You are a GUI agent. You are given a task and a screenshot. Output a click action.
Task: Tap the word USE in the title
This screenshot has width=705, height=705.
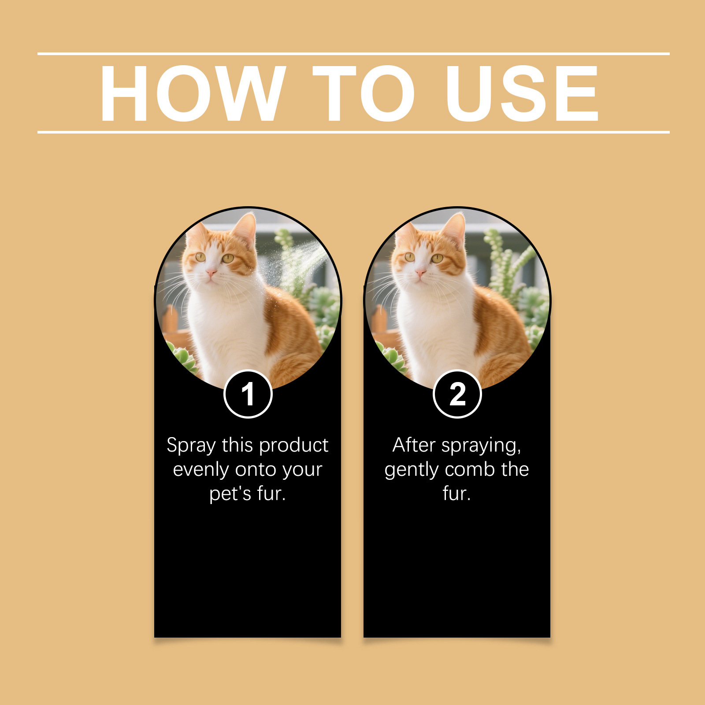pyautogui.click(x=522, y=93)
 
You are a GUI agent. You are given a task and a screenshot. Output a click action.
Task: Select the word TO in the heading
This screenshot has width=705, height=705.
pyautogui.click(x=364, y=93)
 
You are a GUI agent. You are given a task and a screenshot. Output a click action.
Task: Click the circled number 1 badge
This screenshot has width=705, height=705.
pyautogui.click(x=248, y=394)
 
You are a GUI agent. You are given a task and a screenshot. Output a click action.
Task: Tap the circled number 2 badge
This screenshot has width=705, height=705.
pyautogui.click(x=457, y=394)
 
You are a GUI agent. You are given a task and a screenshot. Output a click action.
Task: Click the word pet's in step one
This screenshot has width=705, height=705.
pyautogui.click(x=230, y=494)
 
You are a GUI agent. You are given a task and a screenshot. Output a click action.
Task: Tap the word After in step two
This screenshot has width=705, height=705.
pyautogui.click(x=414, y=445)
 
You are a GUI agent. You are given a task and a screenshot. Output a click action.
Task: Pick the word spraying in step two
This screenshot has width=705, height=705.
pyautogui.click(x=481, y=446)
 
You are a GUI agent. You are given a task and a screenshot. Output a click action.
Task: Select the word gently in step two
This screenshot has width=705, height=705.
pyautogui.click(x=412, y=470)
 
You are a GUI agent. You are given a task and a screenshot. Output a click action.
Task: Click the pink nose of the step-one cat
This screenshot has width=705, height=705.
pyautogui.click(x=211, y=274)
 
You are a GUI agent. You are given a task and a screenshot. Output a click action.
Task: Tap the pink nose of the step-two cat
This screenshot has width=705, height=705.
pyautogui.click(x=420, y=274)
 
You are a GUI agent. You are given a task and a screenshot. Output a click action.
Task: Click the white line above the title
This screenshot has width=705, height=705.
pyautogui.click(x=353, y=54)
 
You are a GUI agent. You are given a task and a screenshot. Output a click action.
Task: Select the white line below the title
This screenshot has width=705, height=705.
pyautogui.click(x=353, y=132)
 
